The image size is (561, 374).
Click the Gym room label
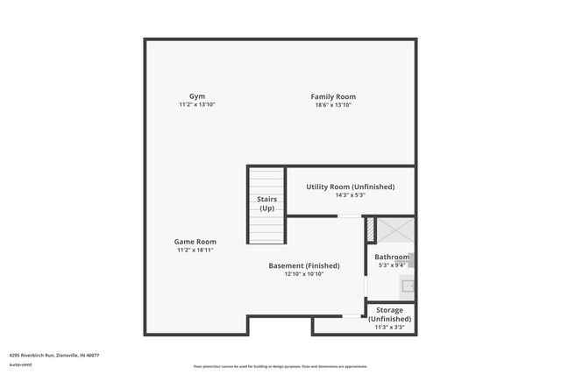click(196, 96)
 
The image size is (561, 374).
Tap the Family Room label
click(333, 96)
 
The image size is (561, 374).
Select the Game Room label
click(195, 242)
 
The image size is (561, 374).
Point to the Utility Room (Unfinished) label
click(350, 187)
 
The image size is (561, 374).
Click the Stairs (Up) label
click(266, 204)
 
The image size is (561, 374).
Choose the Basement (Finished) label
click(304, 265)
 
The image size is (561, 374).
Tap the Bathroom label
click(392, 257)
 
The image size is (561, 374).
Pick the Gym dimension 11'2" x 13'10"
click(196, 105)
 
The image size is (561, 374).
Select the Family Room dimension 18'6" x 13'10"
click(333, 105)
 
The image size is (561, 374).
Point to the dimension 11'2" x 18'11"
click(195, 251)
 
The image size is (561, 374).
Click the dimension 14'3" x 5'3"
click(350, 195)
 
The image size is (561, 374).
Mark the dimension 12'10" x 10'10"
click(304, 274)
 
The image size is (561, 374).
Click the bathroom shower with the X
click(395, 230)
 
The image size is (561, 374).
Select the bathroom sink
click(406, 286)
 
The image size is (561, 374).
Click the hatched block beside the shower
click(371, 229)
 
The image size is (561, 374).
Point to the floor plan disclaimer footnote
click(280, 366)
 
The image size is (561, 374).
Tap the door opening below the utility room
click(349, 215)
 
